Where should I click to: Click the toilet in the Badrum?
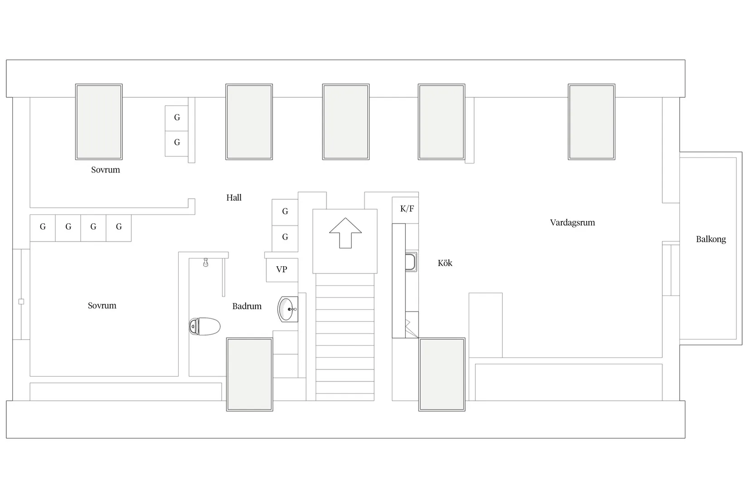[x=205, y=326]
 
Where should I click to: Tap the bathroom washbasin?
[x=287, y=309]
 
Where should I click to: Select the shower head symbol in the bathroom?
[x=206, y=263]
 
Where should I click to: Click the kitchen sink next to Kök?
[x=411, y=262]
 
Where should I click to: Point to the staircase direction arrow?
[x=345, y=233]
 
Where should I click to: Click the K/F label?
[x=407, y=209]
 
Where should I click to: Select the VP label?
[x=282, y=269]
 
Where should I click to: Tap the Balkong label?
[x=711, y=239]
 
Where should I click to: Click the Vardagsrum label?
[x=573, y=222]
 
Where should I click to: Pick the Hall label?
[x=234, y=197]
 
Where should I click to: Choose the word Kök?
[x=445, y=263]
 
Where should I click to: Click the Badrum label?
[x=247, y=306]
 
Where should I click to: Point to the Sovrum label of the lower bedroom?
[x=102, y=306]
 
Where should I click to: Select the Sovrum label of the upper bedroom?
[x=105, y=170]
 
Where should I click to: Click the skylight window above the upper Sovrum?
[x=99, y=122]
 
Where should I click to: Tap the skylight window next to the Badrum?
[x=249, y=374]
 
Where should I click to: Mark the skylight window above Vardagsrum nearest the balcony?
[x=592, y=122]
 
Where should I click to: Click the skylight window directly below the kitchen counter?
[x=442, y=374]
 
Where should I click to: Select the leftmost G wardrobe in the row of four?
[x=43, y=228]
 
